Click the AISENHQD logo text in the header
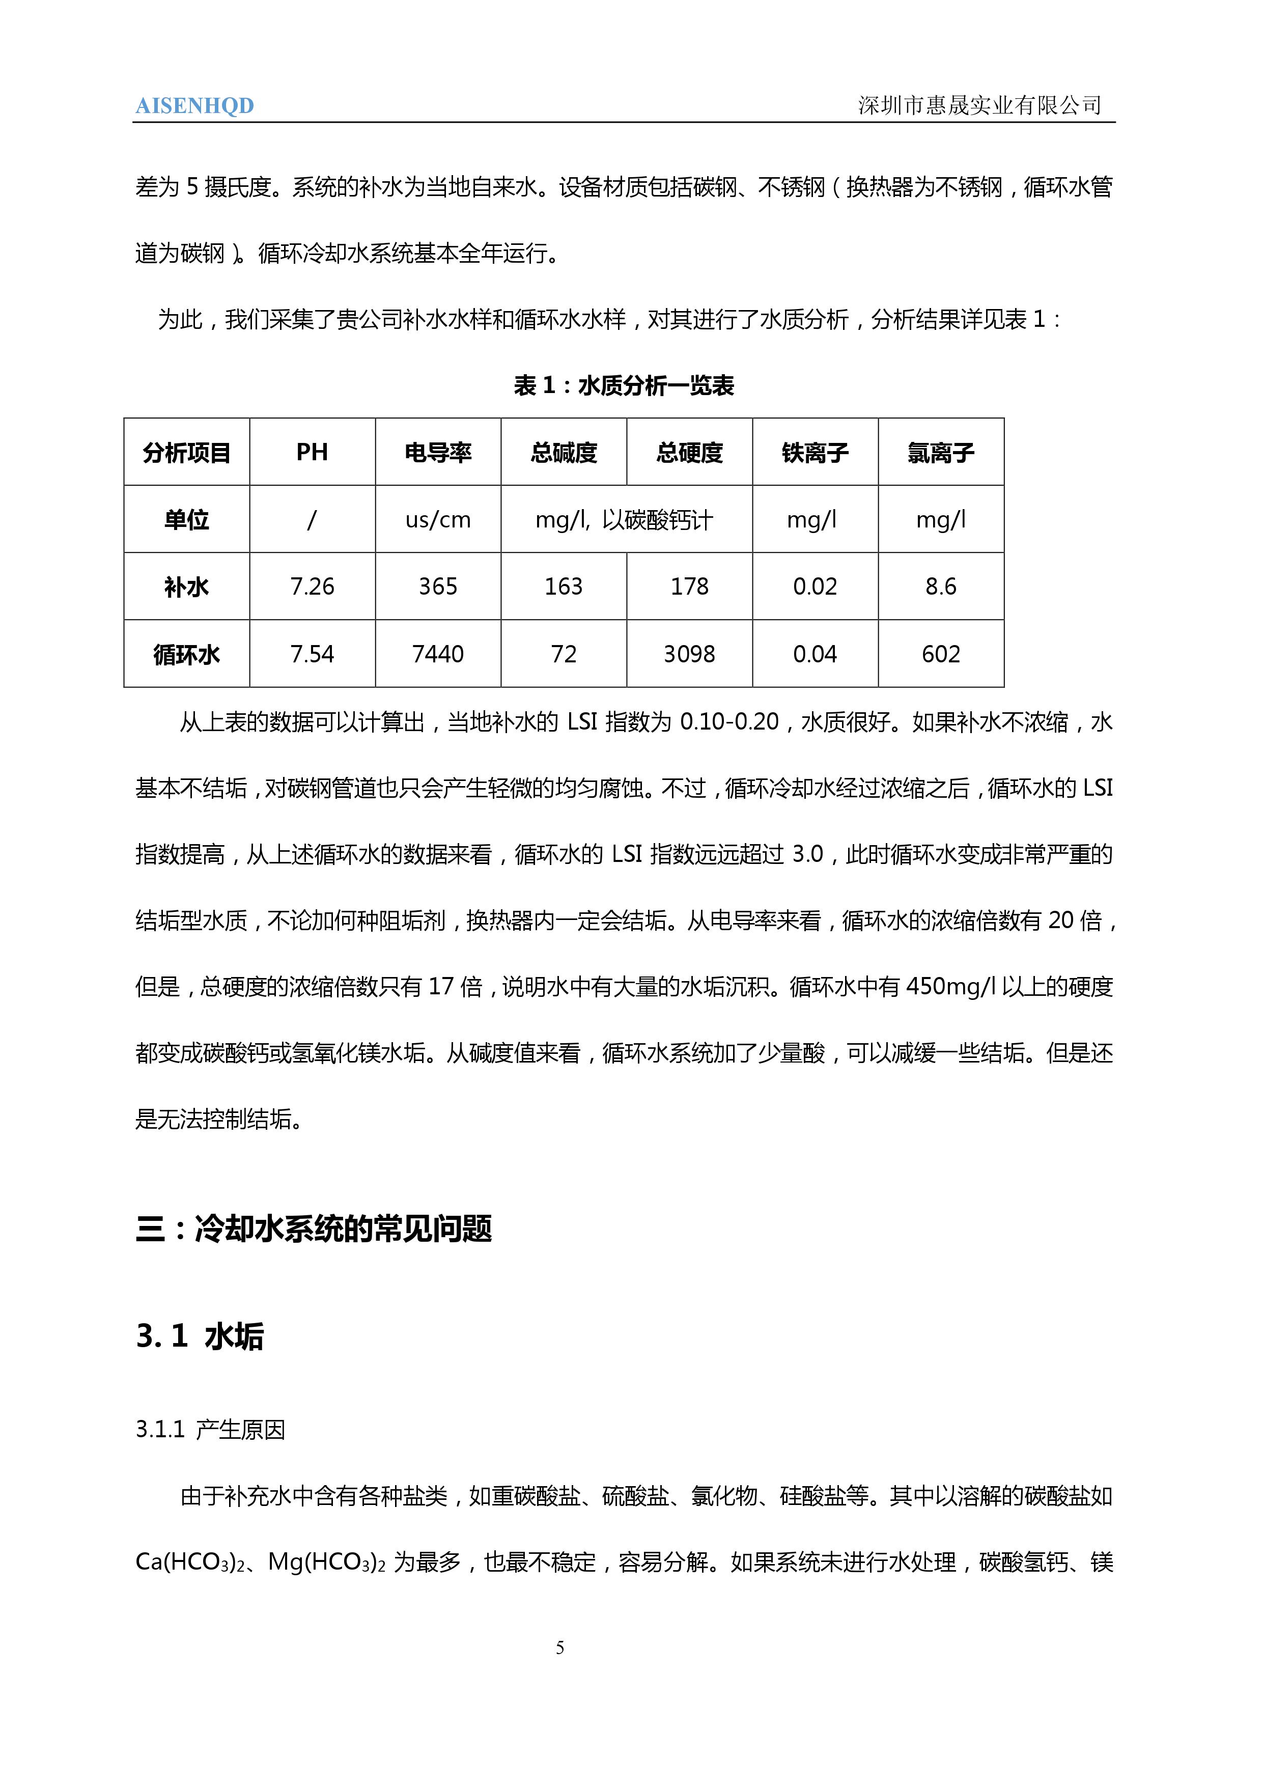(x=194, y=106)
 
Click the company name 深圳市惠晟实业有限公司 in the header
(x=979, y=105)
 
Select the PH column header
(x=312, y=452)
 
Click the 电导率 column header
(x=438, y=452)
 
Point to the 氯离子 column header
(x=940, y=452)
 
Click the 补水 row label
(x=187, y=587)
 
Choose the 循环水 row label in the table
(x=187, y=654)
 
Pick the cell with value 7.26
(x=312, y=587)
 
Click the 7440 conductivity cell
(x=438, y=654)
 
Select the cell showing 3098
(x=689, y=654)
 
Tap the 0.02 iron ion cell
(x=815, y=587)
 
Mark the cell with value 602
(x=940, y=654)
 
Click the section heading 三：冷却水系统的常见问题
(x=314, y=1229)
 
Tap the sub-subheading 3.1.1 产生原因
(x=210, y=1430)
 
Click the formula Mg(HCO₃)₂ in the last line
(x=327, y=1562)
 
